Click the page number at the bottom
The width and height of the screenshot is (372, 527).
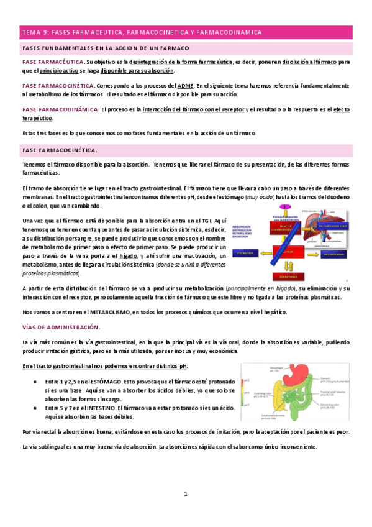point(185,494)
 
